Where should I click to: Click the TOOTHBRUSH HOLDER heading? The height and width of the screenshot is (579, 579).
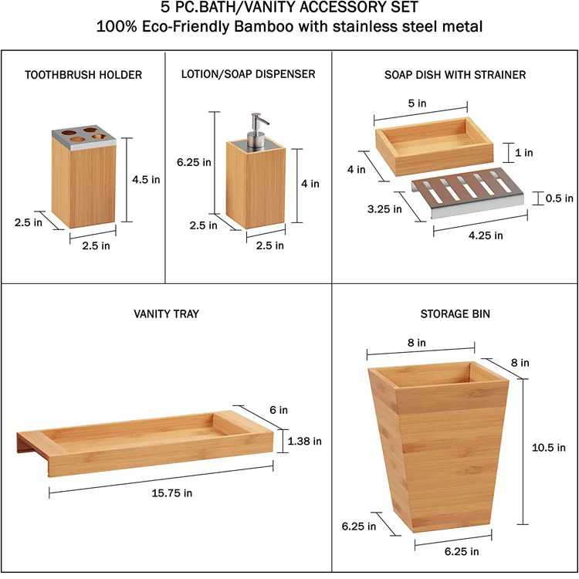click(x=83, y=75)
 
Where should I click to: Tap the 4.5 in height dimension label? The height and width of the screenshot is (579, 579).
click(x=146, y=179)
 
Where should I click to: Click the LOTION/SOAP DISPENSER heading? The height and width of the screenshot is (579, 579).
click(x=248, y=75)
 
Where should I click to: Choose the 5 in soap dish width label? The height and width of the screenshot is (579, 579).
click(x=418, y=103)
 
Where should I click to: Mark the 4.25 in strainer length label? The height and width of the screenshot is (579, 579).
click(x=486, y=235)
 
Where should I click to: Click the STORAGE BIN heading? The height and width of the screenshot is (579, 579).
click(x=455, y=314)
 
